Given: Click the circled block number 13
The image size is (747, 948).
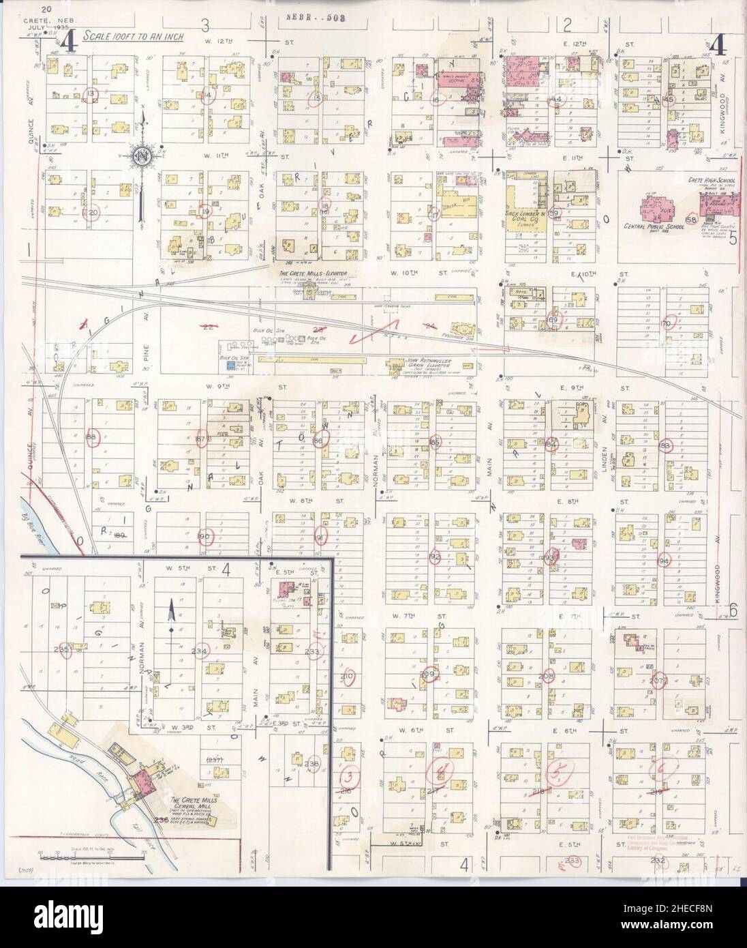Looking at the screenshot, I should click(x=91, y=93).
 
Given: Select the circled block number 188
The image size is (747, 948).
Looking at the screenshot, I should click(x=93, y=437).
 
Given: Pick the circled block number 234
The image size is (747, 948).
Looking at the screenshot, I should click(x=200, y=651).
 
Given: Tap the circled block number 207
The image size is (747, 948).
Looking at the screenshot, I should click(x=657, y=680).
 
